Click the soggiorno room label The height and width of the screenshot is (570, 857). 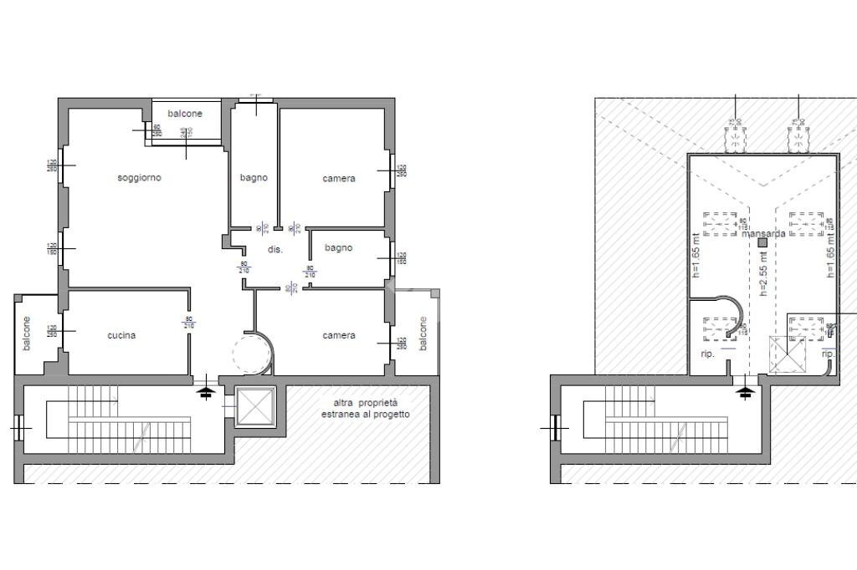(139, 178)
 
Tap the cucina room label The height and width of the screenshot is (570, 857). (121, 335)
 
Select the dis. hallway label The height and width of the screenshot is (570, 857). (275, 250)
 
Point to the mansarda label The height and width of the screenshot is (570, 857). (763, 233)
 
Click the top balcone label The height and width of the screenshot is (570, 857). (184, 114)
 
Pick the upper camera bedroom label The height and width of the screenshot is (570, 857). (339, 178)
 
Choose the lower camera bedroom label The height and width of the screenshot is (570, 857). (339, 335)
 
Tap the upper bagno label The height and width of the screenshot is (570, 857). (254, 177)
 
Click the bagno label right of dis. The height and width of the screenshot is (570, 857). (338, 247)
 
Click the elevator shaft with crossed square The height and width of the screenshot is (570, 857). (254, 407)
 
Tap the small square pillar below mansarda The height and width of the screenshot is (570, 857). (762, 243)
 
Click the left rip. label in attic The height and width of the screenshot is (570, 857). (706, 354)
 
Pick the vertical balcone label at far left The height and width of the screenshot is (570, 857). (27, 333)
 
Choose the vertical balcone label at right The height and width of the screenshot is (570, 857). (423, 333)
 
